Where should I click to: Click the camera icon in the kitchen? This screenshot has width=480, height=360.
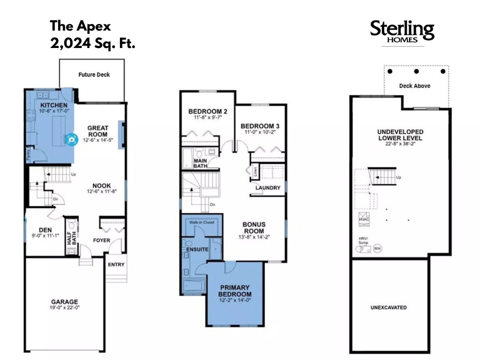click(72, 139)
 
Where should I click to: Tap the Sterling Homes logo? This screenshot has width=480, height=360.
click(402, 32)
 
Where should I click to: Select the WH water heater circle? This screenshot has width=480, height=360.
click(377, 249)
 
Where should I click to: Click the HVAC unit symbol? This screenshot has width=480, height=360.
click(364, 219)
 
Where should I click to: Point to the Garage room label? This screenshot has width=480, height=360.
click(64, 301)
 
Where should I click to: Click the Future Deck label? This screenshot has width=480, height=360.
click(94, 75)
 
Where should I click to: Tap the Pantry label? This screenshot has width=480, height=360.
click(28, 154)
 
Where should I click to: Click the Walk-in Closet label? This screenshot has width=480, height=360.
click(202, 222)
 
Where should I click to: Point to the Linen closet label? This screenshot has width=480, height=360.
click(255, 172)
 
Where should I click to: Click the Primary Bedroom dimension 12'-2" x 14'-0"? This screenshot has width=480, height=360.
click(235, 300)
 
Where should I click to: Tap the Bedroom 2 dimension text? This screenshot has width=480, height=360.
click(208, 117)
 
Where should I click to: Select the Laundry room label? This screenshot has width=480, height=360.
click(268, 188)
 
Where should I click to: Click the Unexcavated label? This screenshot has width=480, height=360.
click(388, 307)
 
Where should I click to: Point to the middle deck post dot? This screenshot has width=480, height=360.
click(416, 71)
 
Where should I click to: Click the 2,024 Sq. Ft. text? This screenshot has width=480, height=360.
click(93, 43)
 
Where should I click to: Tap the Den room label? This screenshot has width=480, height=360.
click(45, 230)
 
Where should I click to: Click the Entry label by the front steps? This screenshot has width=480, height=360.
click(116, 264)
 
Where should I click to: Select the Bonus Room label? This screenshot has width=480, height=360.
click(254, 228)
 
